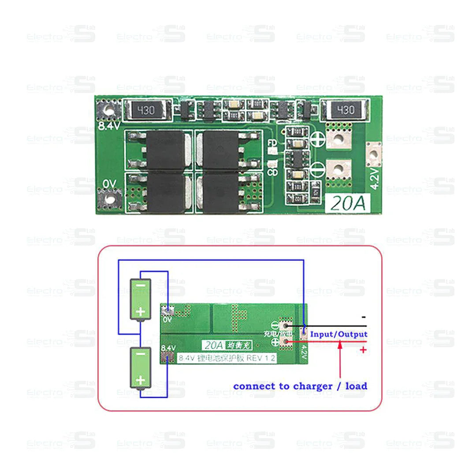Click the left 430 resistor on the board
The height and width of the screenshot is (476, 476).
coord(145,110)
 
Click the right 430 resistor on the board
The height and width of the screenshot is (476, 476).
coord(345,110)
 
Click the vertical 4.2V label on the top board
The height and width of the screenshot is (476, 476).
coord(375,178)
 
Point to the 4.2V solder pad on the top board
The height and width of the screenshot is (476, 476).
coord(374,154)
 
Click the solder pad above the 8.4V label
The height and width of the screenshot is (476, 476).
coord(108,108)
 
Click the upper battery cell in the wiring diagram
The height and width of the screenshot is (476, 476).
coord(141,299)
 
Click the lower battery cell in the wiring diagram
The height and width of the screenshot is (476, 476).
coord(141,368)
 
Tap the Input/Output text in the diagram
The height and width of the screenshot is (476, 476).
coord(338,334)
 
